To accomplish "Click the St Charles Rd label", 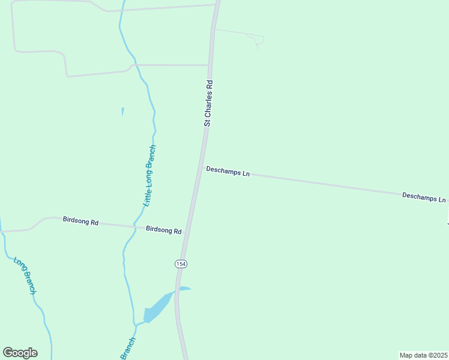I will tap(208, 103).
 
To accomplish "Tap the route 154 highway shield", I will tap(180, 264).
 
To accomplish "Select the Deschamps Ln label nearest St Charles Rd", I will tap(228, 172).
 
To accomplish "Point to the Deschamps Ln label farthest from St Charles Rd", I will tap(424, 197).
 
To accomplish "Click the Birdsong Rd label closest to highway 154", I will tap(163, 230).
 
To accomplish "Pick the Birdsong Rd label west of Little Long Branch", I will tap(80, 221).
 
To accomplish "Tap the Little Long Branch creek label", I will tap(149, 176).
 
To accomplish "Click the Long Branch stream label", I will tap(25, 275).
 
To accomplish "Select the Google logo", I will tap(20, 353).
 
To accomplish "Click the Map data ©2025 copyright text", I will tap(423, 355).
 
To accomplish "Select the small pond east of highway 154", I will tap(184, 289).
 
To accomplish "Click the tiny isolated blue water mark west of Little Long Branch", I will tap(122, 111).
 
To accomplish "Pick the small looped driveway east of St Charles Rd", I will tap(256, 39).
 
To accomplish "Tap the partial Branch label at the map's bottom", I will tap(128, 349).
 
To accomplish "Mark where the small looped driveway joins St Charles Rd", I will tap(214, 29).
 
